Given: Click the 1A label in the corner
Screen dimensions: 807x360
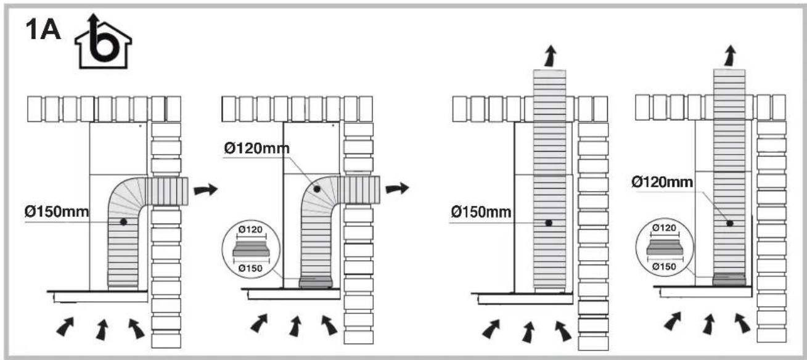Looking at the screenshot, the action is tap(42, 30).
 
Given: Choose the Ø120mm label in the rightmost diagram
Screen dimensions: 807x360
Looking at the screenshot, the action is tap(662, 182).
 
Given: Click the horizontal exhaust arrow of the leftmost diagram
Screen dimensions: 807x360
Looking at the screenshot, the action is tap(205, 189).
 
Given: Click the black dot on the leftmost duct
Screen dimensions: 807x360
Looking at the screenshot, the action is tap(123, 221).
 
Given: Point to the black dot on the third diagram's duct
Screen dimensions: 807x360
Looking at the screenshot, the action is tap(548, 223).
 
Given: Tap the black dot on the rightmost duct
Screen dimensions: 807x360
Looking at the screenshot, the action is tap(729, 223).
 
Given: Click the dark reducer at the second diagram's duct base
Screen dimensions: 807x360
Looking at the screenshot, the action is tap(316, 282).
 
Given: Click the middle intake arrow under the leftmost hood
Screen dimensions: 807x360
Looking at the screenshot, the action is tap(102, 329).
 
